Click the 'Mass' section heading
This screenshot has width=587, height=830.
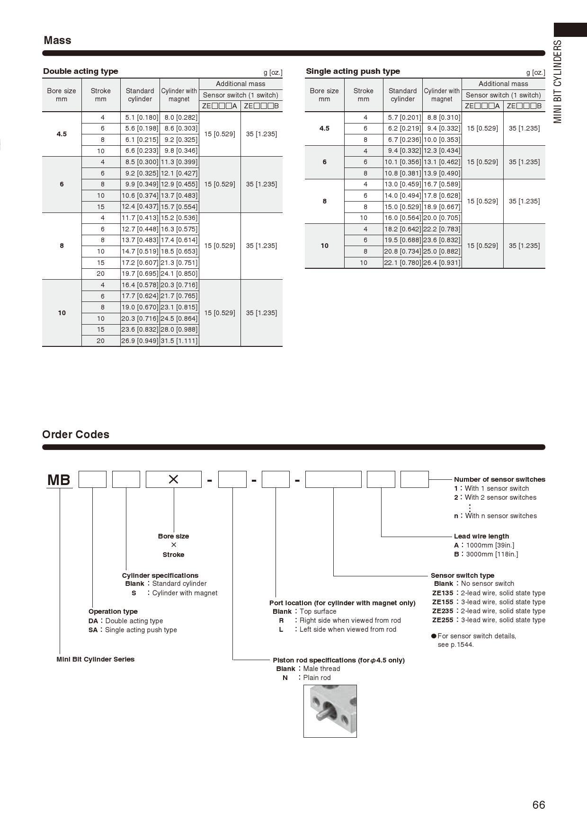click(57, 41)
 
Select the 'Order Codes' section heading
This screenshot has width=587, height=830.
click(76, 434)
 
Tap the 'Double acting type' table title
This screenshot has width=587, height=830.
click(80, 71)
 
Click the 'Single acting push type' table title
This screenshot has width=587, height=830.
click(353, 71)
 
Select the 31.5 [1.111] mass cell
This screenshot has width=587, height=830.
click(179, 341)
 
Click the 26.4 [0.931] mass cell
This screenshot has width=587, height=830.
click(442, 263)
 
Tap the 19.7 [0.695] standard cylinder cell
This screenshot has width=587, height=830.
click(140, 274)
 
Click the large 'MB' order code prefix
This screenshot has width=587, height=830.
click(59, 480)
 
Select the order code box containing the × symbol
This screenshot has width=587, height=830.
click(173, 479)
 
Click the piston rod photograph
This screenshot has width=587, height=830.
click(330, 711)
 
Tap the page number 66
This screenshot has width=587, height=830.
click(539, 805)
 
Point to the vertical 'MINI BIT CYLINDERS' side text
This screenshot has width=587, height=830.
click(558, 81)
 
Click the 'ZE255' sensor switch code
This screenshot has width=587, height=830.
click(443, 620)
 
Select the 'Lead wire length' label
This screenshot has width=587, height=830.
click(481, 536)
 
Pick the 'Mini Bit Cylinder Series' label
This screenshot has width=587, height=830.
click(95, 659)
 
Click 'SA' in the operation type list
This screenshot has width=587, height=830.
click(93, 630)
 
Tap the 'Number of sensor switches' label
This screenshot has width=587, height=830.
click(499, 479)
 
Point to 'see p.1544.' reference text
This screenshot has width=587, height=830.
click(455, 645)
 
